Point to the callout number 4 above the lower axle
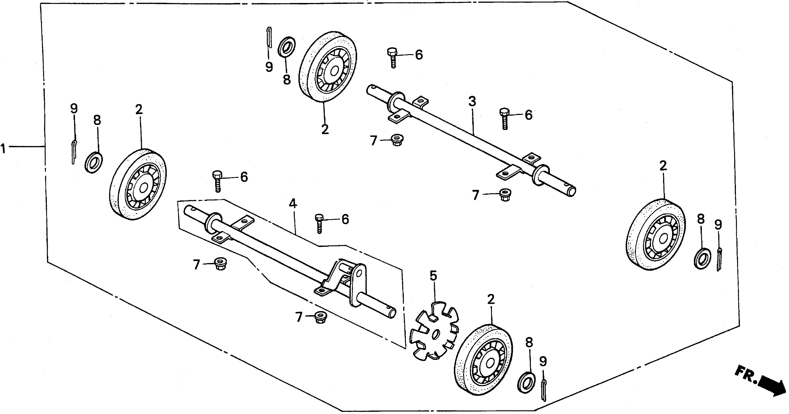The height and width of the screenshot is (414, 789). pyautogui.click(x=293, y=203)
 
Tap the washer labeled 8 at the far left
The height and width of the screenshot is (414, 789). pyautogui.click(x=93, y=162)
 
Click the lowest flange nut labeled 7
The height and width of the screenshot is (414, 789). pyautogui.click(x=320, y=317)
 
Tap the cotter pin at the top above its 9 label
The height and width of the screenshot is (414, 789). pyautogui.click(x=269, y=38)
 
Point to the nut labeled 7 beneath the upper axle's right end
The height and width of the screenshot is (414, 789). pyautogui.click(x=504, y=194)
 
